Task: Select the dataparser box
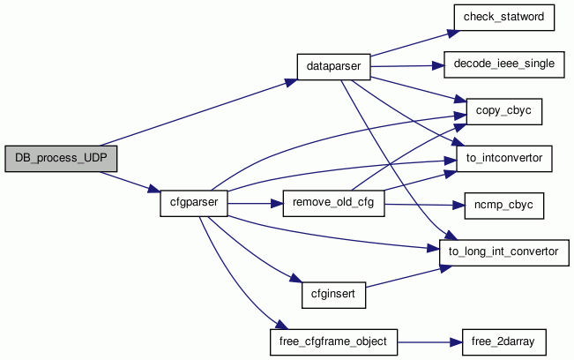(332, 67)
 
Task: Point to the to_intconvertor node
(503, 159)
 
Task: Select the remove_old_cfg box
(334, 204)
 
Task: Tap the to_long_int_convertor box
(503, 251)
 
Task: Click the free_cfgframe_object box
(334, 340)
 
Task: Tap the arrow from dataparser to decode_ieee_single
(401, 66)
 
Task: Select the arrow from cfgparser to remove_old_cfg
(255, 204)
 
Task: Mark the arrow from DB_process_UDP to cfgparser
(129, 181)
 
